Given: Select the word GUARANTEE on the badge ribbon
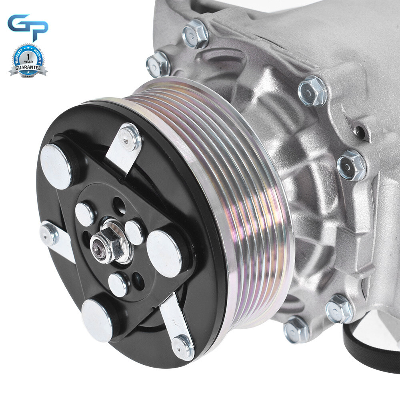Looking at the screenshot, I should tap(28, 68).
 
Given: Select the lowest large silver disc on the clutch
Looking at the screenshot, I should tap(98, 320).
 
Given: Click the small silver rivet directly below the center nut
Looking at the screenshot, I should tap(118, 284).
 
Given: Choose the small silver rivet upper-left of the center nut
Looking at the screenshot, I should tap(85, 214).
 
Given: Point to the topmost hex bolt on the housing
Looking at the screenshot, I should tap(196, 34).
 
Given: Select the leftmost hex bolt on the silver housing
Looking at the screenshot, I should tap(158, 64).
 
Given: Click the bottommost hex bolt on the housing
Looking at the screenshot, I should tap(296, 329).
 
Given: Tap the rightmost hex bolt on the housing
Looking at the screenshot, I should tap(352, 165).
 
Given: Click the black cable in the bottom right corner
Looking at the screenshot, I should tap(370, 352).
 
